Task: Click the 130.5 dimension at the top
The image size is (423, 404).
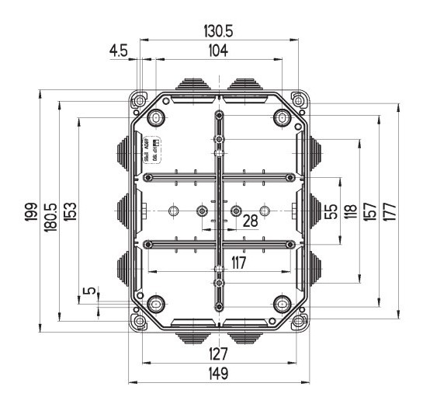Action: (x=218, y=32)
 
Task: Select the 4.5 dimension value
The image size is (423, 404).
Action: (x=118, y=50)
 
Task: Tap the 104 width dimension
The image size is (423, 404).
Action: (x=218, y=50)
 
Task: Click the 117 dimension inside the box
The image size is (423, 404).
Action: (x=238, y=263)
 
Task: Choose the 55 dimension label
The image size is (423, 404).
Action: (x=331, y=211)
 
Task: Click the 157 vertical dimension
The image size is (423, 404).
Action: (x=370, y=211)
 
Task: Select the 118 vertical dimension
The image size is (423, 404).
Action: (x=351, y=211)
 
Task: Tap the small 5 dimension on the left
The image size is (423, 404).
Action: (x=91, y=292)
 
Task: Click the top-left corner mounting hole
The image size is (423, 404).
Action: (x=139, y=100)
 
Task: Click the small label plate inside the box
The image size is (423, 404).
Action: (x=151, y=149)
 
